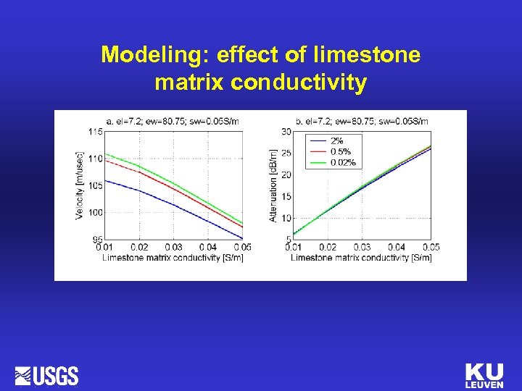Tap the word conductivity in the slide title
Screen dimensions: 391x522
click(299, 83)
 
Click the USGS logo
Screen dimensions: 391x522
click(46, 376)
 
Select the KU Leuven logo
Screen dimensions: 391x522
click(484, 375)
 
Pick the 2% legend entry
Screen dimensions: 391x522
click(338, 140)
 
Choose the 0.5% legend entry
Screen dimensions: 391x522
click(341, 151)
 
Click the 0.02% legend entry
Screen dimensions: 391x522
click(343, 162)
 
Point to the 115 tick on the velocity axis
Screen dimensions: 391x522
click(95, 131)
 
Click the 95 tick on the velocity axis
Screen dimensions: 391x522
click(97, 239)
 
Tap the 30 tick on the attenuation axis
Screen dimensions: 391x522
click(286, 131)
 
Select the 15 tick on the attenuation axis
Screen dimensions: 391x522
click(286, 196)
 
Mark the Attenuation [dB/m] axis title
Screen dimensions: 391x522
click(273, 185)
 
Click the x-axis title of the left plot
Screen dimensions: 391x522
click(173, 257)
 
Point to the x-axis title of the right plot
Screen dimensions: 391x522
click(361, 257)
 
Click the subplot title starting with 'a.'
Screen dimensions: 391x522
click(172, 121)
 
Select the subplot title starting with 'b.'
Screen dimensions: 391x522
click(361, 121)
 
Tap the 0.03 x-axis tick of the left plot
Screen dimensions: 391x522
click(173, 248)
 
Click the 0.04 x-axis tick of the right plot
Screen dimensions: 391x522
click(397, 248)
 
